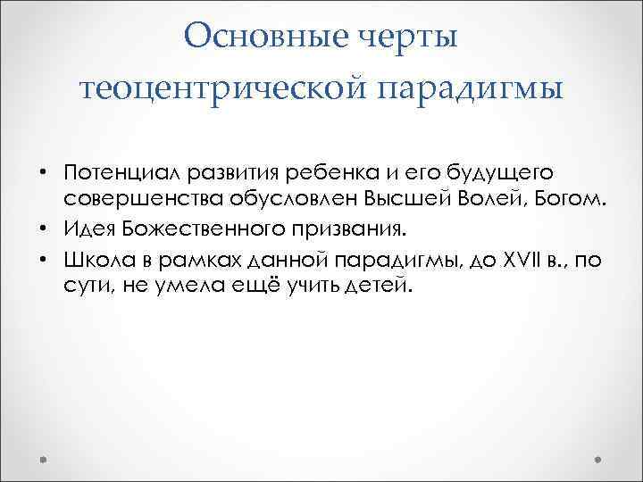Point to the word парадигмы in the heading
tap(472, 89)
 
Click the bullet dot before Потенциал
tap(45, 171)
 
